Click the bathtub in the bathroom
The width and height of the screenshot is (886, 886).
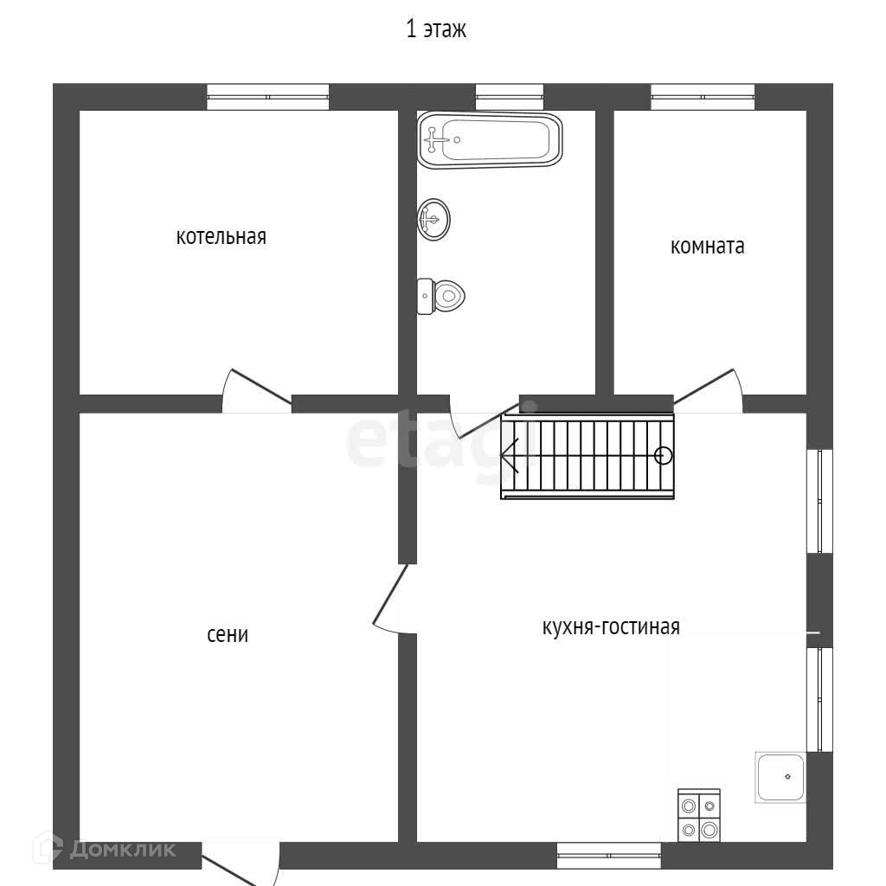coord(490,140)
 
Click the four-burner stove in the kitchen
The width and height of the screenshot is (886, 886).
coord(699,816)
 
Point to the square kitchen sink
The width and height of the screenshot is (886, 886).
coord(780,777)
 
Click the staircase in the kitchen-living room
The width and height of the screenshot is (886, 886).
coord(587,456)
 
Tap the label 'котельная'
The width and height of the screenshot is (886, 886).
coord(221,237)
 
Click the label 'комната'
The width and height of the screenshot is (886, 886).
coord(707,247)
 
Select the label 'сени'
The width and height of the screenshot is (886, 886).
coord(228,635)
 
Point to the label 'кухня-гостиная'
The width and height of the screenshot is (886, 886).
coord(611,627)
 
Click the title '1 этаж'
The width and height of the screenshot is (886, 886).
coord(436,30)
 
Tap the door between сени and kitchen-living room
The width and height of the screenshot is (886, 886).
coord(391,597)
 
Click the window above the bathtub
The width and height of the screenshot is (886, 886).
coord(509,96)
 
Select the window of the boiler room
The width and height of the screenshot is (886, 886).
coord(268,96)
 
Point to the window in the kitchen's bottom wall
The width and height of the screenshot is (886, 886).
coord(609,856)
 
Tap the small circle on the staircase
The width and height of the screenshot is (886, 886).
coord(664,455)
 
